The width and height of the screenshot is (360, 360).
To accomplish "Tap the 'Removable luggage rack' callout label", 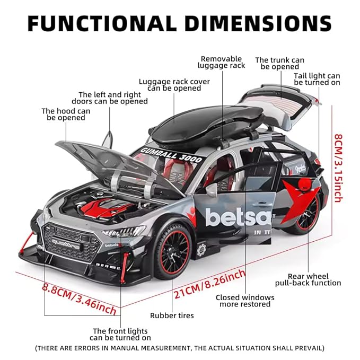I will [221, 62].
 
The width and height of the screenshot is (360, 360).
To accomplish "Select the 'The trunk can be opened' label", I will [279, 64].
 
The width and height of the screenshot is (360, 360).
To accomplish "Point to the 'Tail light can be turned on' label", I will [317, 80].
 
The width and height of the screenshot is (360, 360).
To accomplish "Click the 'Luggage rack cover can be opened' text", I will [174, 85].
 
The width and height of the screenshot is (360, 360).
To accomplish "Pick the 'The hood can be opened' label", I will [66, 115].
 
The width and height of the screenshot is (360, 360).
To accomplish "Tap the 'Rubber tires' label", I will [172, 315].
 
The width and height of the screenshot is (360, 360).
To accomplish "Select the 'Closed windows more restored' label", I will [245, 301].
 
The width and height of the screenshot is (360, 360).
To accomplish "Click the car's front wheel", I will [172, 251].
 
